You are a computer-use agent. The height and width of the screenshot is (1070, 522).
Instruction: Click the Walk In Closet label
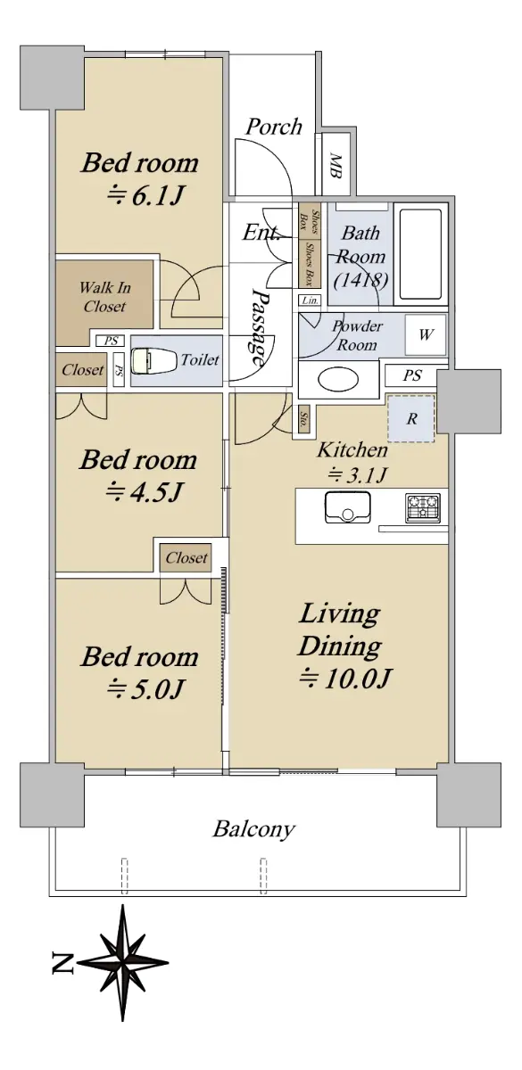(x=104, y=297)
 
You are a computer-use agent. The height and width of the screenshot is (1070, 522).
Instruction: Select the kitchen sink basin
(x=347, y=507)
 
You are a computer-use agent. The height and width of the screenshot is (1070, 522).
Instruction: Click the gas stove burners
(x=423, y=507)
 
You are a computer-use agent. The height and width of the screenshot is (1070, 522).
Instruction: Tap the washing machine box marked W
(x=426, y=334)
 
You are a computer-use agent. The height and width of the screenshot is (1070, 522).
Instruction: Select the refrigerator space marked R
(x=411, y=419)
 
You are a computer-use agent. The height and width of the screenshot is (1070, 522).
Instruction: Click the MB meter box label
(x=336, y=166)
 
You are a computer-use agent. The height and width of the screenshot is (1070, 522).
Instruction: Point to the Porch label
(x=274, y=127)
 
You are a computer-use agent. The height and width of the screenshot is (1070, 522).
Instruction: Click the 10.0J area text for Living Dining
(x=345, y=679)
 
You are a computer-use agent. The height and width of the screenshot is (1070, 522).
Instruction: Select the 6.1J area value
(x=145, y=195)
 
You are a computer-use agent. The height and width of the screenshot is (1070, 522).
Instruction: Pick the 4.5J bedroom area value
(x=144, y=492)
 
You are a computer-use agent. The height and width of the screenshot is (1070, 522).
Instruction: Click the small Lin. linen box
(x=311, y=300)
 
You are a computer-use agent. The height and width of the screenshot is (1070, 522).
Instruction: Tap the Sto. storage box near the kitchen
(x=304, y=420)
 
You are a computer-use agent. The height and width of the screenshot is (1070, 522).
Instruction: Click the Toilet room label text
(x=200, y=359)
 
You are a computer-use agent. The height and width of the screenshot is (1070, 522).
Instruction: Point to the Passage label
(x=261, y=328)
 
